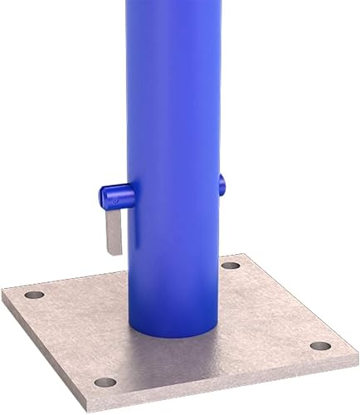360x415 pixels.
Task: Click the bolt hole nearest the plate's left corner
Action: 34,295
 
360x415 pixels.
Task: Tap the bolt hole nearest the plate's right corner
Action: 320,345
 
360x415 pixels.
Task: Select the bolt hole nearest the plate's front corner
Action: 105,382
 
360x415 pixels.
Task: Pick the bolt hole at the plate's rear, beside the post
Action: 231,266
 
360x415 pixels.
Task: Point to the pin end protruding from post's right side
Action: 222,184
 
